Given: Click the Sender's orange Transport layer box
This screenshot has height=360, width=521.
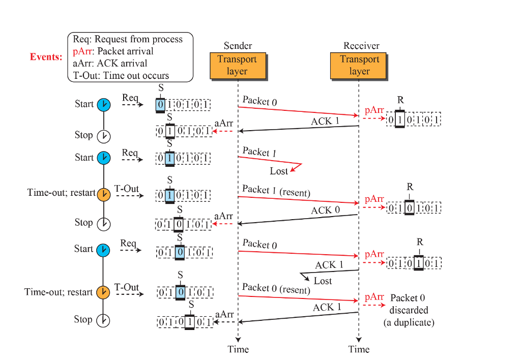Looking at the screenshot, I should (237, 66).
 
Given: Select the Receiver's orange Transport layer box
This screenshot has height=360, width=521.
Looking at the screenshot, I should (359, 66).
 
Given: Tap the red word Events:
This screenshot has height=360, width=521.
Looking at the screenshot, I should (46, 56).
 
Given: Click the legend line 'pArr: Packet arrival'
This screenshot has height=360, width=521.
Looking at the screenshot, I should (113, 51).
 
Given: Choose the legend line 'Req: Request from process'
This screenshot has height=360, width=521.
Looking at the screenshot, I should (127, 39).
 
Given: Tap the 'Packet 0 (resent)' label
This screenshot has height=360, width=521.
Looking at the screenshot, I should (276, 288).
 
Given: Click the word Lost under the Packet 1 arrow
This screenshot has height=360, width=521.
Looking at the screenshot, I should (279, 171).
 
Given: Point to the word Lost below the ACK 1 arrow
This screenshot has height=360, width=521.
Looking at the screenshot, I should (323, 281).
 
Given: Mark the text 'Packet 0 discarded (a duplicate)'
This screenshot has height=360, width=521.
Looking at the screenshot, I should (409, 310).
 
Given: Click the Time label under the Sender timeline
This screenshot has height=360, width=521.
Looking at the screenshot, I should (238, 349).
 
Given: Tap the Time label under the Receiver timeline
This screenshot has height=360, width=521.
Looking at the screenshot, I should (359, 349).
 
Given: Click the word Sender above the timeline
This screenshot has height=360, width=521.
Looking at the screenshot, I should (238, 46).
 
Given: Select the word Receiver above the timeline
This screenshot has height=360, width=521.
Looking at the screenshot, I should (361, 46).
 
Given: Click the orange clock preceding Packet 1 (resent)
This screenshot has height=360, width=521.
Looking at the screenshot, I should (103, 194).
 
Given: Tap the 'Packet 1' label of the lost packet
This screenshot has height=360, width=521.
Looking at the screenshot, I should (259, 152).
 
